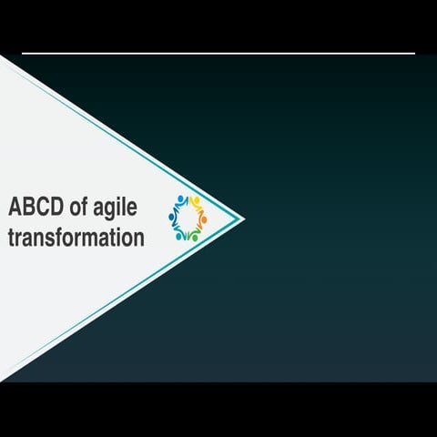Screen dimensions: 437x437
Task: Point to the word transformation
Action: tap(76, 239)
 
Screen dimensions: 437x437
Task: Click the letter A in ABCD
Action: tap(15, 207)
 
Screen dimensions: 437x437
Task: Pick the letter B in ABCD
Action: tap(28, 207)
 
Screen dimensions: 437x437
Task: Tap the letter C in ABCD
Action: tap(42, 207)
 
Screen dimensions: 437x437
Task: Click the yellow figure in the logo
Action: tap(195, 202)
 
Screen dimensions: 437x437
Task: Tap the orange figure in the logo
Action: tap(203, 219)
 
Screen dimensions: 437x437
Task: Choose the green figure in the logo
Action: tap(189, 234)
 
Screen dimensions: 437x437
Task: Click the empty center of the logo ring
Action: tap(188, 218)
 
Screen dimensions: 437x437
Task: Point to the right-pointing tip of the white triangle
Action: tap(242, 218)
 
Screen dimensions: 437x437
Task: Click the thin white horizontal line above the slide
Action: tap(218, 54)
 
